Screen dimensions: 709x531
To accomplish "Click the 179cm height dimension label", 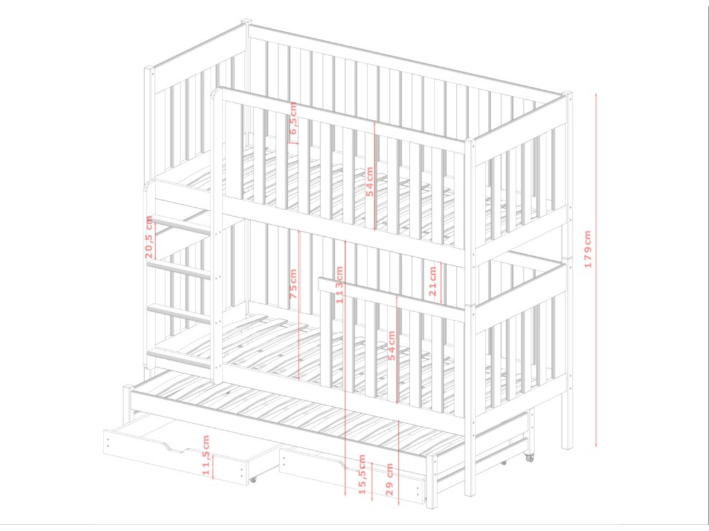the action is tap(588, 249).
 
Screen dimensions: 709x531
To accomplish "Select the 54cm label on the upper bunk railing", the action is tap(370, 181).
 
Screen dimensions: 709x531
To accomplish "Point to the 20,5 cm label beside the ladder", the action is tap(149, 236).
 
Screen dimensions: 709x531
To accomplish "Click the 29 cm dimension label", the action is tap(390, 478).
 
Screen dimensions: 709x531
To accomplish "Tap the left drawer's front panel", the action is tap(173, 460).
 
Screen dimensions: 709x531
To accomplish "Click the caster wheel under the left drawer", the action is tap(253, 478).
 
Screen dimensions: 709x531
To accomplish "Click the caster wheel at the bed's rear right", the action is tap(530, 457).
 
